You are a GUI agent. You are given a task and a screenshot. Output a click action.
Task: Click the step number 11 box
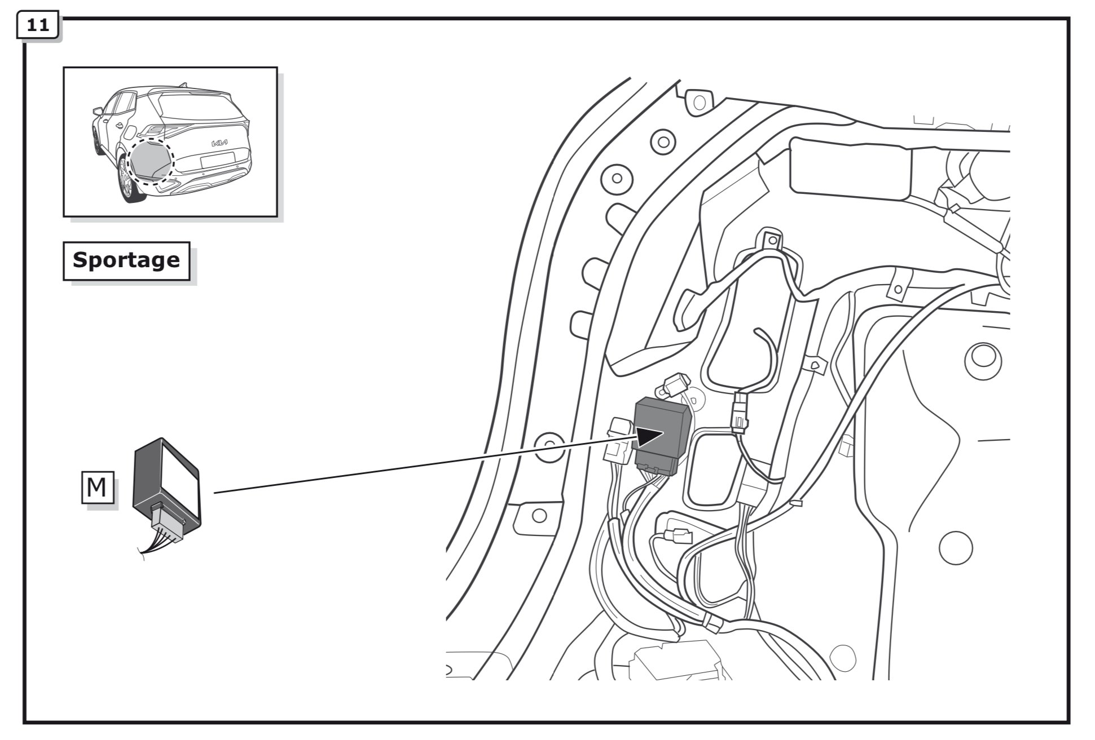tap(38, 26)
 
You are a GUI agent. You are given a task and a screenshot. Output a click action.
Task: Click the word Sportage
tap(126, 260)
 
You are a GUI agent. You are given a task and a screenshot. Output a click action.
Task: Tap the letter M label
tap(96, 487)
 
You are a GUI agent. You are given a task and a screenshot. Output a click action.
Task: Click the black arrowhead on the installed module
tap(650, 436)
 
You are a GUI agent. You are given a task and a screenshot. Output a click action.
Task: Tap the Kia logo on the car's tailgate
tap(219, 143)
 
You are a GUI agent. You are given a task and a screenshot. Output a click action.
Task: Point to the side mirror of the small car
tap(98, 112)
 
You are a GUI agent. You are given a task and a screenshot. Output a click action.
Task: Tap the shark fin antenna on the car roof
tap(182, 85)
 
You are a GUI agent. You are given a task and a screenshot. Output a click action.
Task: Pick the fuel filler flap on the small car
tap(130, 133)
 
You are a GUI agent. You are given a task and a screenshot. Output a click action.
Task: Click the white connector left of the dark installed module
tap(619, 440)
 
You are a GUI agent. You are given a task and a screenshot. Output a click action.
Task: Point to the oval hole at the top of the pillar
tap(700, 103)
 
